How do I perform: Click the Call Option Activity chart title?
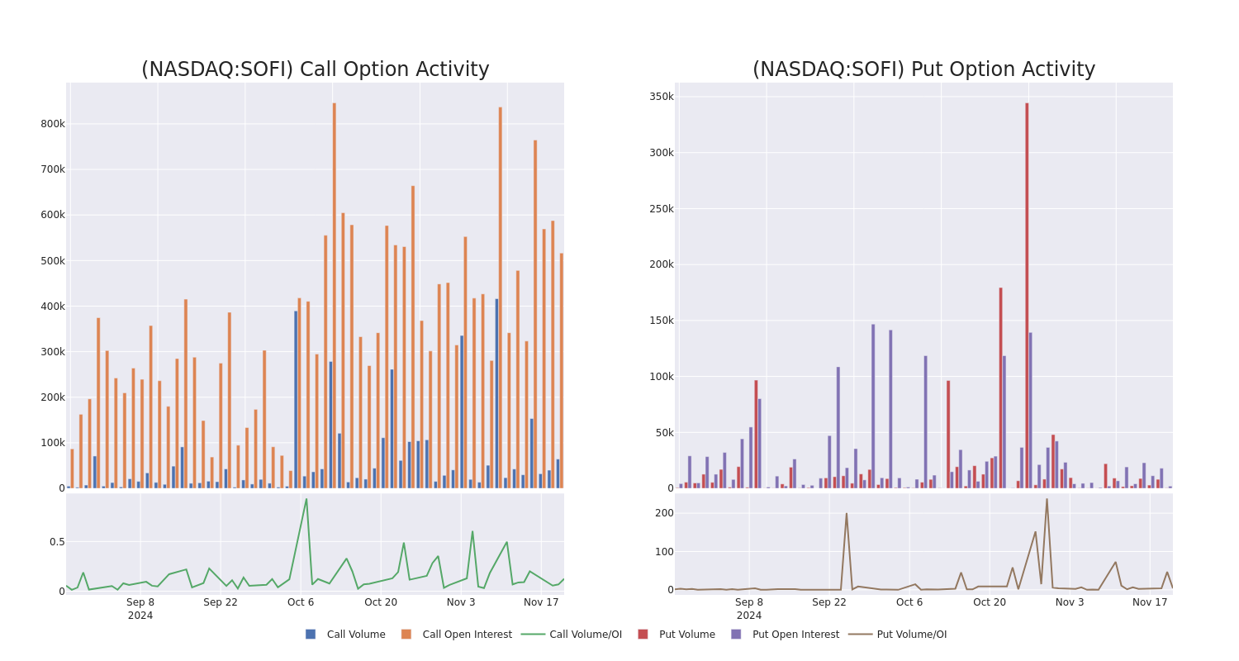315,70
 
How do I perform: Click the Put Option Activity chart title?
923,70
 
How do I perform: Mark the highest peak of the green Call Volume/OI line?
306,498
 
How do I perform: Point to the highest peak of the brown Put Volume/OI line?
1047,498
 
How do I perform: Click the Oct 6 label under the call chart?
301,602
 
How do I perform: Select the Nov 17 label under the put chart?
1150,602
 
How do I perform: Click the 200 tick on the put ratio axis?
664,513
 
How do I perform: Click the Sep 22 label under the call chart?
221,602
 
